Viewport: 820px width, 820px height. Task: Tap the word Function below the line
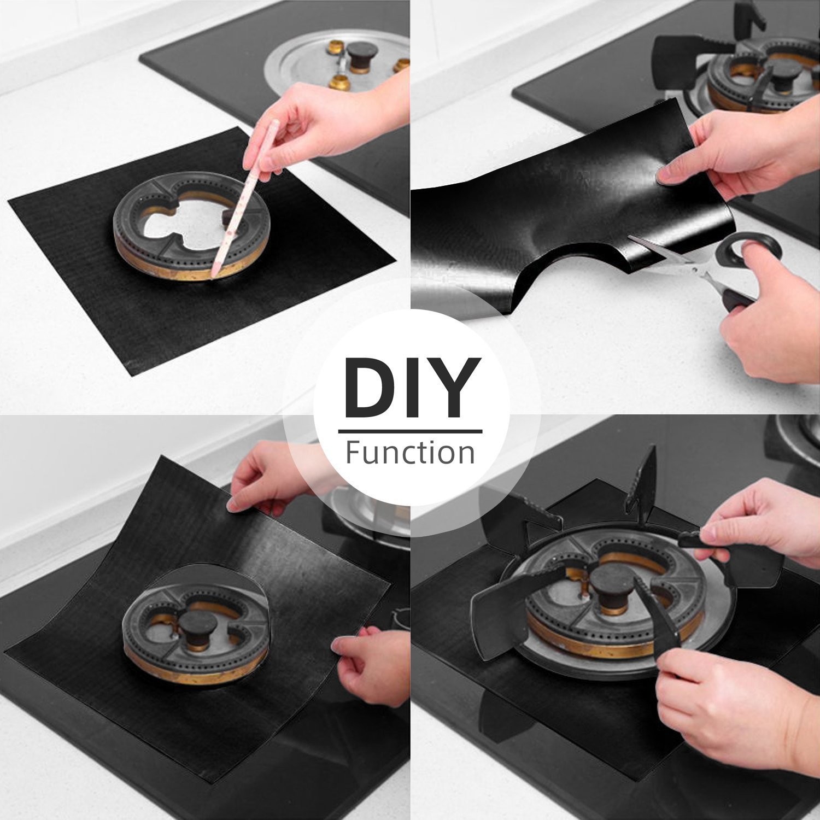point(410,453)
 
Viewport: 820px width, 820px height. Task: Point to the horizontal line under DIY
point(410,431)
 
